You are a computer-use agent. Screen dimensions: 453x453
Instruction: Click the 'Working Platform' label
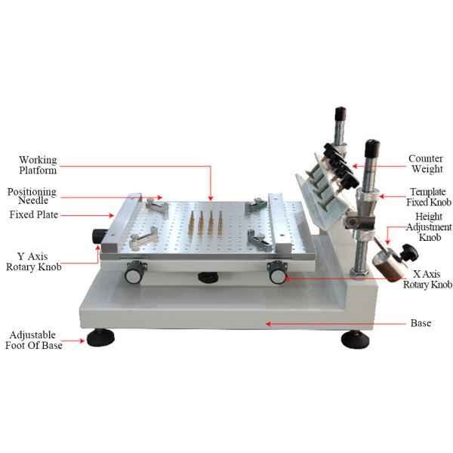38,165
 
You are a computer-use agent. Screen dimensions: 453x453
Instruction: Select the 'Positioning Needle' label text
32,197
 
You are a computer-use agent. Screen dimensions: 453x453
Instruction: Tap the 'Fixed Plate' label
33,215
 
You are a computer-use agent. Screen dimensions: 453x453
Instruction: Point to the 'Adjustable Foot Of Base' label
35,339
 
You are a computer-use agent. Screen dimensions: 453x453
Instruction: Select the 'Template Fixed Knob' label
428,196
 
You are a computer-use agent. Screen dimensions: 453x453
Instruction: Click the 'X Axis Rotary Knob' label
427,279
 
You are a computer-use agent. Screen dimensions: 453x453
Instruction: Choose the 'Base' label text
421,323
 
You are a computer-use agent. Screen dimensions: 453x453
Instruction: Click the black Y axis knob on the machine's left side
99,236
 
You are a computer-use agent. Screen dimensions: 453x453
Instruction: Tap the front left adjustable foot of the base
100,337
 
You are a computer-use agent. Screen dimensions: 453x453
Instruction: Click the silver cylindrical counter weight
385,266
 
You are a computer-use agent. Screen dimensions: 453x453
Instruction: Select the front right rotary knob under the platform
278,271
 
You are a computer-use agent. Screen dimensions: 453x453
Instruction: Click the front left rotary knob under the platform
134,272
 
